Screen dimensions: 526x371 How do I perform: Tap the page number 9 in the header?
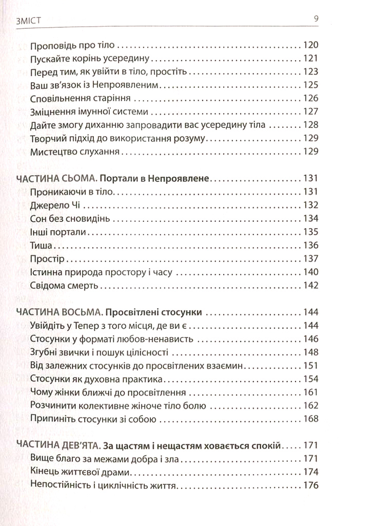[316, 20]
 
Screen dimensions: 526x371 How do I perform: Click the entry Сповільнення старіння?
[81, 98]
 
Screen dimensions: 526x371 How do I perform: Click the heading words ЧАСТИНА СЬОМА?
[55, 179]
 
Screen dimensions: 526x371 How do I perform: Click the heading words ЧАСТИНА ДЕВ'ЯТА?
[57, 445]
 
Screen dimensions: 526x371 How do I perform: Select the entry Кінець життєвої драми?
[82, 472]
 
